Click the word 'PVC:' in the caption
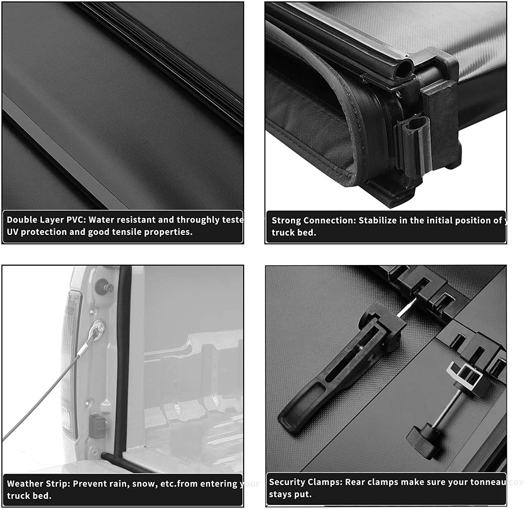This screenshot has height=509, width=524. click(76, 220)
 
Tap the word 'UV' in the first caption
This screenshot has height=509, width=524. click(13, 232)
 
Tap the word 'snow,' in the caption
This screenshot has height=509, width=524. click(144, 484)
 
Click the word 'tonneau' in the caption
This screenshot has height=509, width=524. click(488, 482)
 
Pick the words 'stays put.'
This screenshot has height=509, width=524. click(290, 494)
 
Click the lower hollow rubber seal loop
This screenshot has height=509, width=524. click(416, 124)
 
